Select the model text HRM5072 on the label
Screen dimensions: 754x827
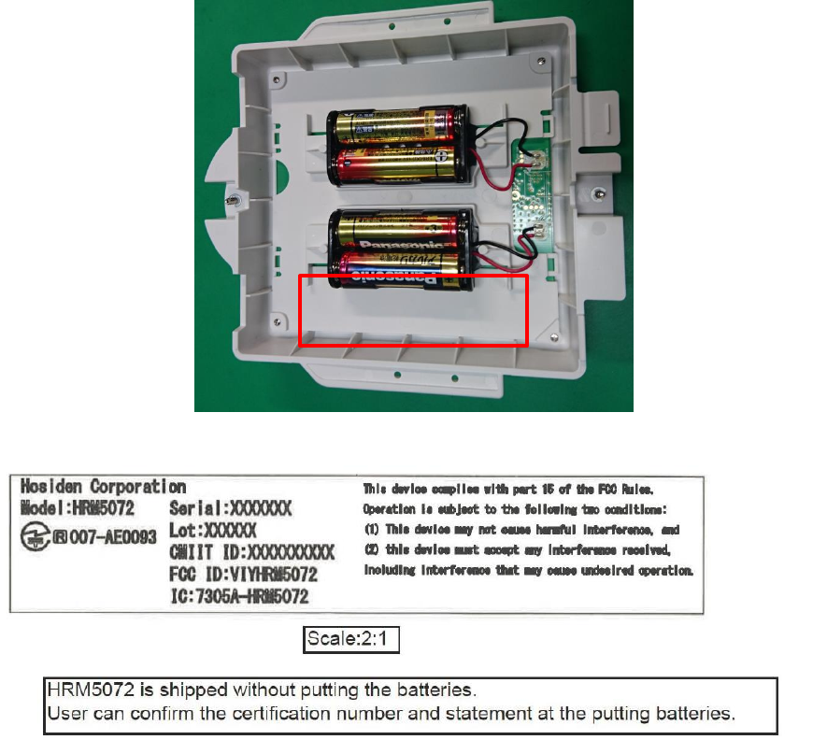[x=102, y=509]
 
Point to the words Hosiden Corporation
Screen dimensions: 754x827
[x=103, y=487]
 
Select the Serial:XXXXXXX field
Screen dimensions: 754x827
[x=231, y=509]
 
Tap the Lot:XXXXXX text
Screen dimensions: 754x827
[x=214, y=530]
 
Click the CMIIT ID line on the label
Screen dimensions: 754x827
[x=252, y=551]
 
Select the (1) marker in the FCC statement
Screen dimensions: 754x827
[x=371, y=530]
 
